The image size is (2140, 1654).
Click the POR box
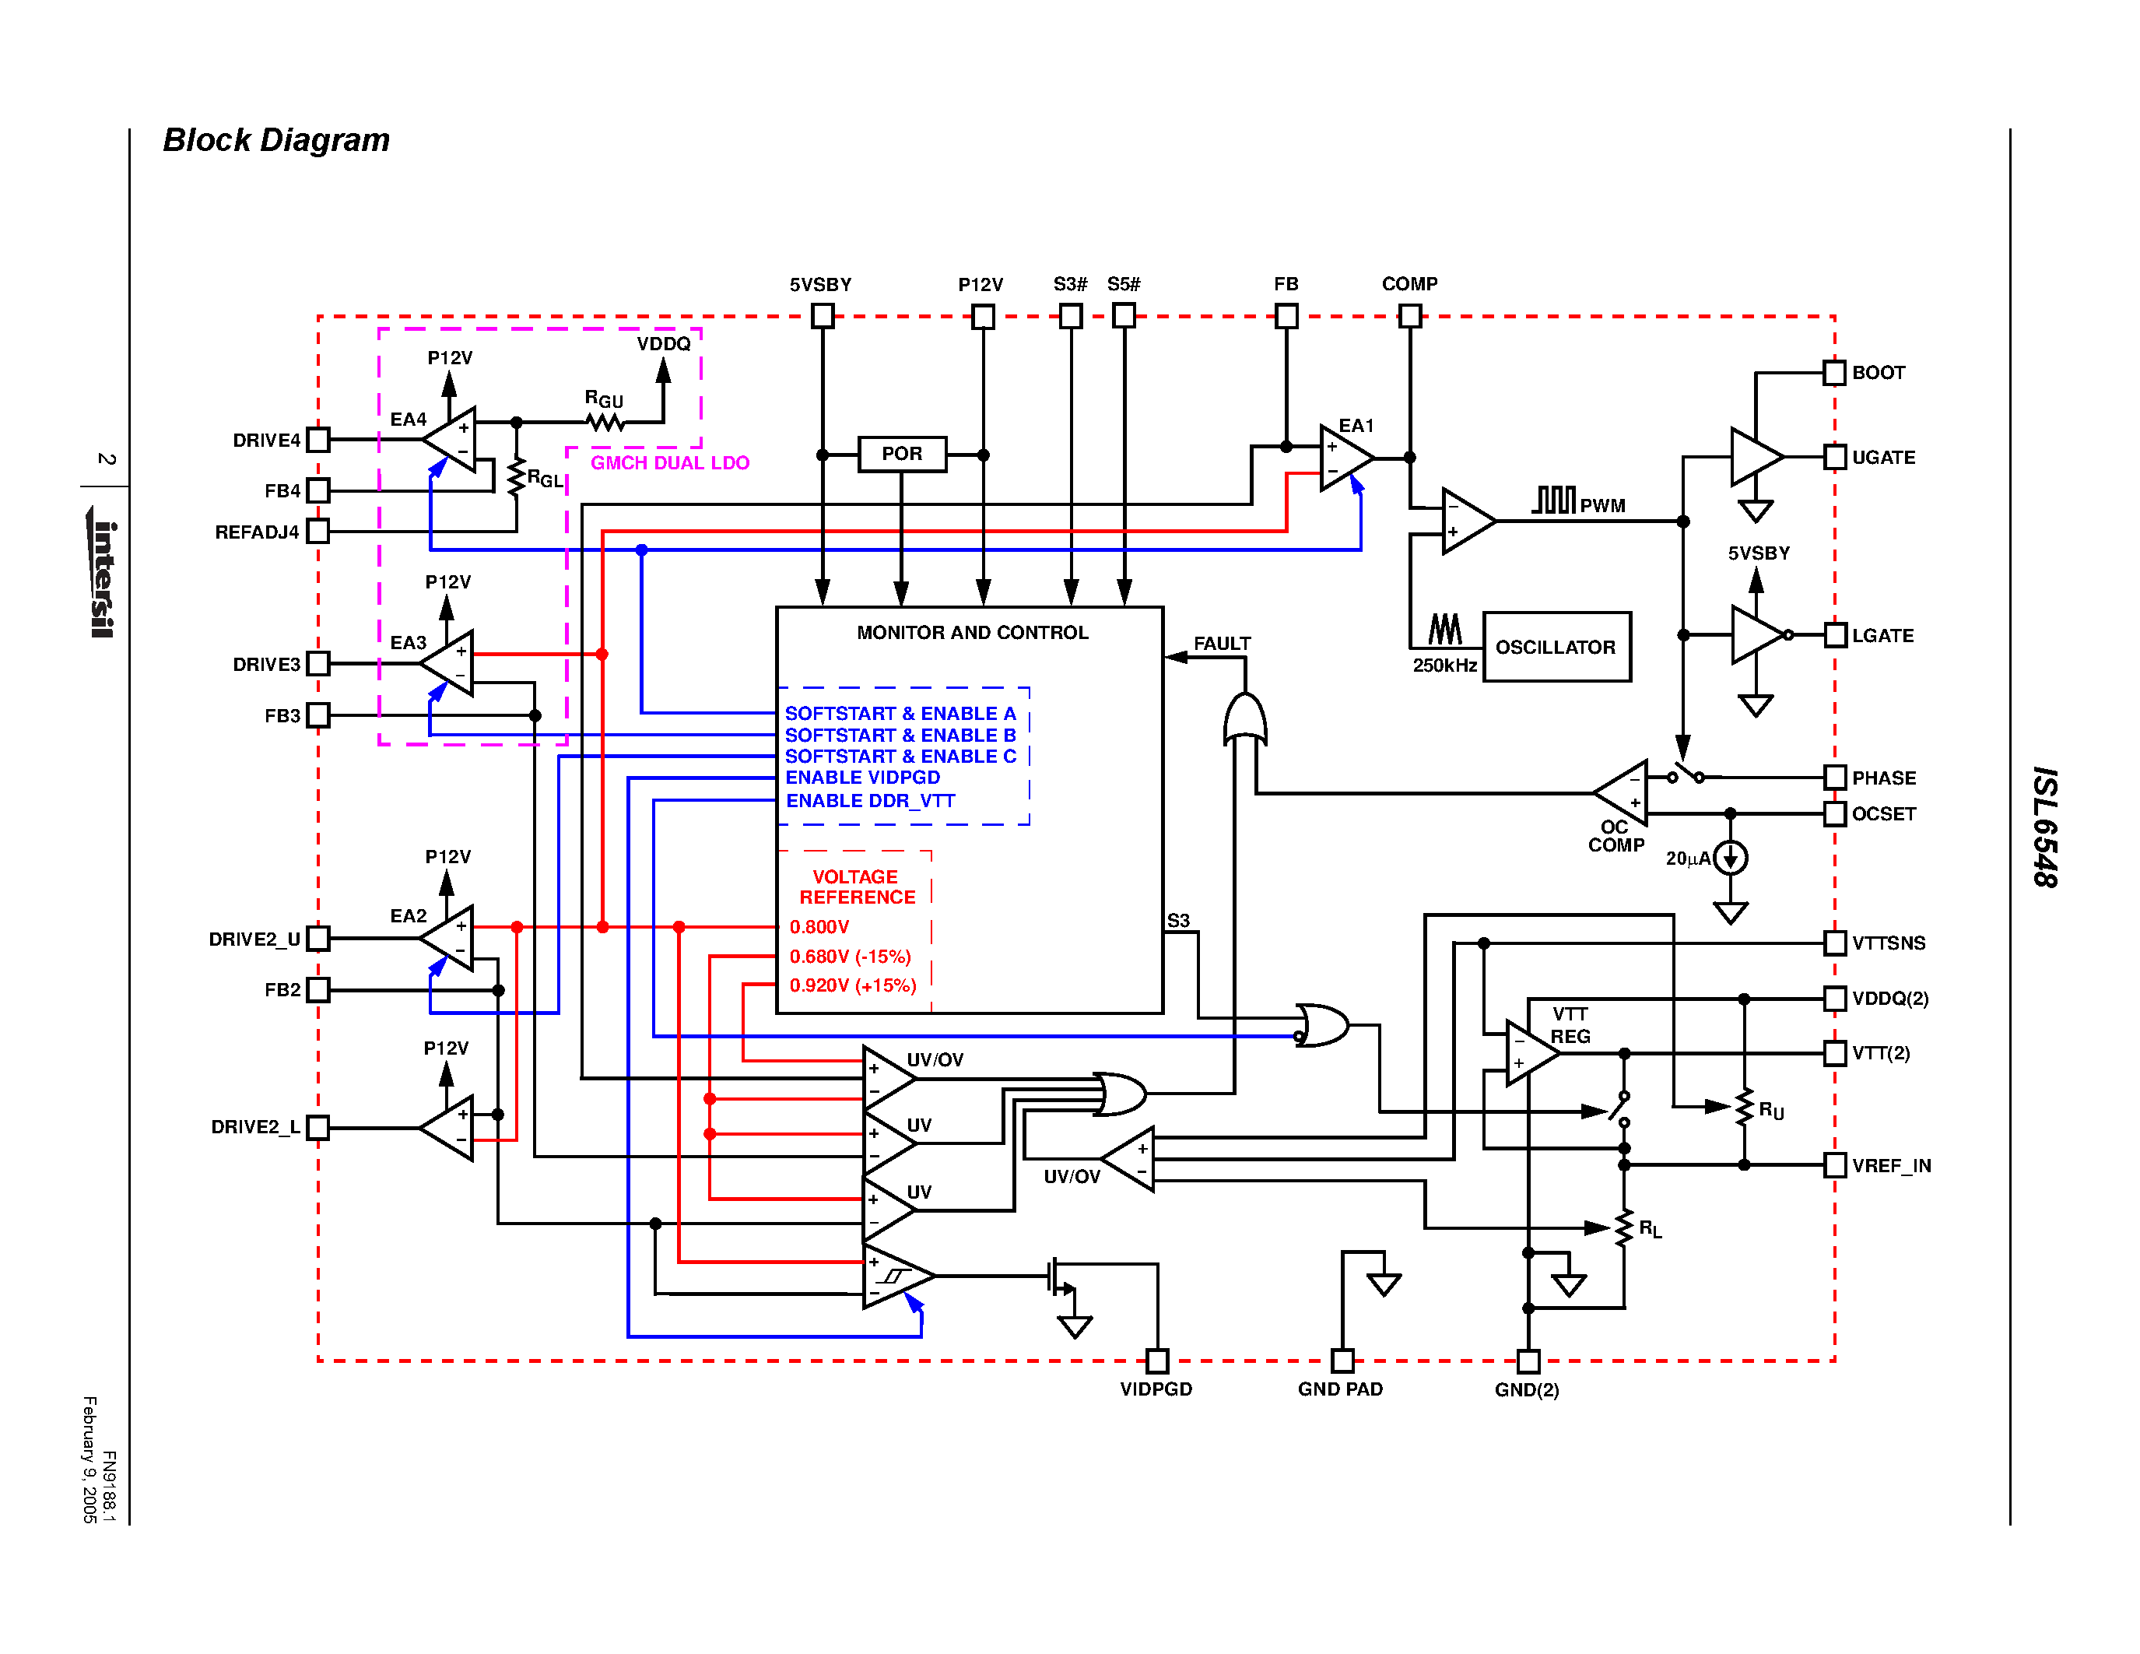901,455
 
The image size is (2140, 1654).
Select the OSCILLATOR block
1556,647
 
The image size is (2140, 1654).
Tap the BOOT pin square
1834,372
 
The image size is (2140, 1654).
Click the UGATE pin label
1882,458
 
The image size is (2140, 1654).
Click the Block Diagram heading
275,140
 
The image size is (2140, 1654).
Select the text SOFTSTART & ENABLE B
900,735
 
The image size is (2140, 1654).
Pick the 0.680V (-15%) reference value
850,957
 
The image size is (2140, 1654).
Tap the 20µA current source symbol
1731,858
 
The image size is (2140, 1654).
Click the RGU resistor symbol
605,423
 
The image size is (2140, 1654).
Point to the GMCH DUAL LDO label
669,462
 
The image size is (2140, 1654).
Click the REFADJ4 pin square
317,531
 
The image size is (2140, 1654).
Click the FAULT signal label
1221,644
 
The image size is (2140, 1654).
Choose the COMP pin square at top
1409,315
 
